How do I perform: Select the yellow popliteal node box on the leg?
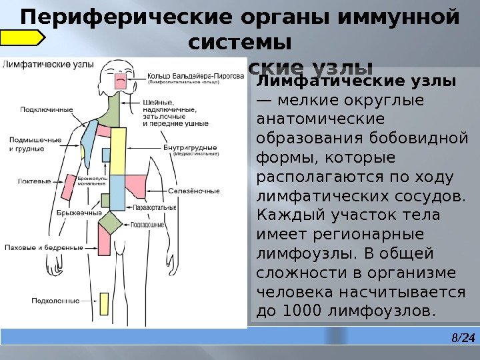click(x=103, y=303)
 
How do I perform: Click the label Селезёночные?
click(x=194, y=191)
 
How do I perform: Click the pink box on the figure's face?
click(x=121, y=81)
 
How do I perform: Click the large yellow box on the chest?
click(x=118, y=151)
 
